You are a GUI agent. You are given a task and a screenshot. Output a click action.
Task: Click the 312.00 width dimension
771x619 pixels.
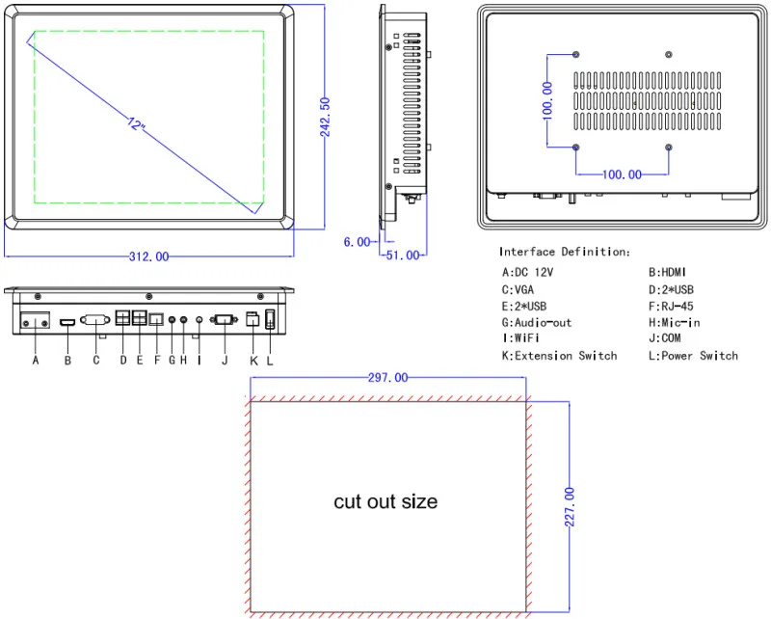pyautogui.click(x=149, y=256)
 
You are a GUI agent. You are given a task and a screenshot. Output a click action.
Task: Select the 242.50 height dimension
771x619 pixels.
pyautogui.click(x=325, y=117)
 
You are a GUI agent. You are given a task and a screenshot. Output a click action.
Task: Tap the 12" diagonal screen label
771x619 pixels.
pyautogui.click(x=136, y=123)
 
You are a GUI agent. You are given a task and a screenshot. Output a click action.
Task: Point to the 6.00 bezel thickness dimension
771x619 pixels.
pyautogui.click(x=357, y=242)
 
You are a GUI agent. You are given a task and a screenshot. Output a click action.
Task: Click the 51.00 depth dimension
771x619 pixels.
pyautogui.click(x=403, y=256)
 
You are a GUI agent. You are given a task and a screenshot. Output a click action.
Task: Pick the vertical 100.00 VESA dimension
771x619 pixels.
pyautogui.click(x=547, y=101)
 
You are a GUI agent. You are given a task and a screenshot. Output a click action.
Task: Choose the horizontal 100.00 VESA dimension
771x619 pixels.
pyautogui.click(x=622, y=175)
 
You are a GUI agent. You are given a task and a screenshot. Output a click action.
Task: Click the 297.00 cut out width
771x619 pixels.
pyautogui.click(x=388, y=377)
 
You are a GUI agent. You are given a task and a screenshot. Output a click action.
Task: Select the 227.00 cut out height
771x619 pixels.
pyautogui.click(x=570, y=507)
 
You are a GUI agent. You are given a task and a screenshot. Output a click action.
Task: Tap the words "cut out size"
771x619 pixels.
pyautogui.click(x=385, y=502)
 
